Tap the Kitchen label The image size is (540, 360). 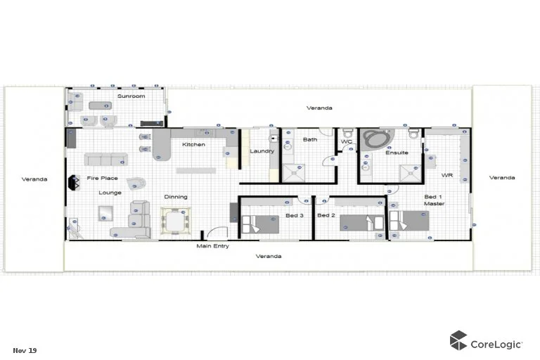pos(193,145)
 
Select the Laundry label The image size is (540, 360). pos(262,150)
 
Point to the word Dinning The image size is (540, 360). pos(175,197)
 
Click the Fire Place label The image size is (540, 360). pos(103,178)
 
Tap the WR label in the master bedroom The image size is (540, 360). pos(446,175)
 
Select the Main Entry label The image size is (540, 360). pos(212,246)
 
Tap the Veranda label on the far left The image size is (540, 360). pos(34,179)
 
